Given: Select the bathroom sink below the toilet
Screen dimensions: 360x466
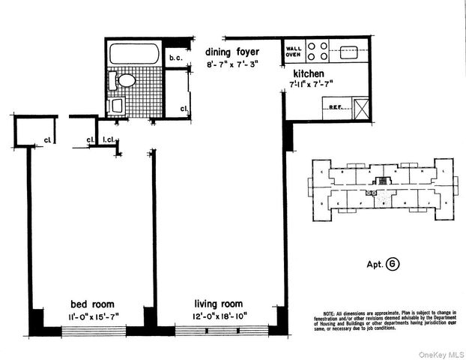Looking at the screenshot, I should (x=116, y=105).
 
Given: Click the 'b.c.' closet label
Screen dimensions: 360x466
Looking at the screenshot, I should (x=177, y=58).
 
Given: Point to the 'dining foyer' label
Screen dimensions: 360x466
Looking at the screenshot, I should (x=233, y=52).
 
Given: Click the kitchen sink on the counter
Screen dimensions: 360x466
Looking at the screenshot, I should (x=350, y=52).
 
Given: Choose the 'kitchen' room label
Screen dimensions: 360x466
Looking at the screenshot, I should (x=309, y=73).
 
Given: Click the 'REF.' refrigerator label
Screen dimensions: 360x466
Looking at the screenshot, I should (x=336, y=108).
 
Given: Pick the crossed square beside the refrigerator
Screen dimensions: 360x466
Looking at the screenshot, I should (x=361, y=109).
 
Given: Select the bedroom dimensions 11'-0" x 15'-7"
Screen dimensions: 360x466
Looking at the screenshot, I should (x=93, y=316).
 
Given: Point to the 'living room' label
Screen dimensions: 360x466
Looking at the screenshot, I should (x=220, y=304).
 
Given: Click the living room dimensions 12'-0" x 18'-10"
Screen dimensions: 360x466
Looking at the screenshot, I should (x=220, y=316).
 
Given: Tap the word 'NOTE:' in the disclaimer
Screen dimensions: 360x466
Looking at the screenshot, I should (x=330, y=311).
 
